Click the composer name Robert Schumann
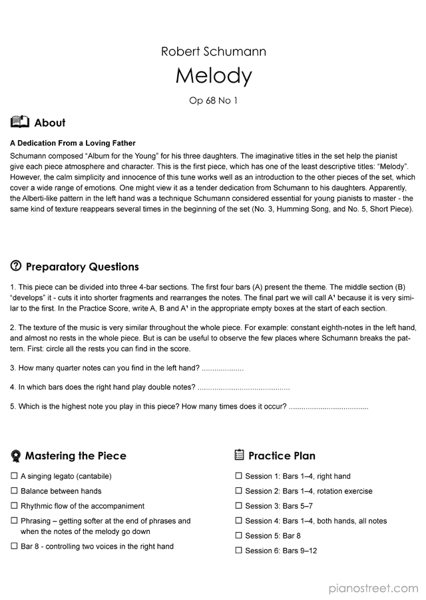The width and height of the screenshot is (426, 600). (x=213, y=51)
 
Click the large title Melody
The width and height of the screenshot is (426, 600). (x=213, y=76)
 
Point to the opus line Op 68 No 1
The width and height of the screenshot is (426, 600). (x=213, y=101)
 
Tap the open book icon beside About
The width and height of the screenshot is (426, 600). (x=20, y=122)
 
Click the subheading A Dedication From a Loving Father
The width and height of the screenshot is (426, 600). (x=73, y=143)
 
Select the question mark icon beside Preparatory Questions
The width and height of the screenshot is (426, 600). (x=16, y=266)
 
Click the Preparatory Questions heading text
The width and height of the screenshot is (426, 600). (x=82, y=267)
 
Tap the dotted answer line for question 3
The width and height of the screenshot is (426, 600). (x=222, y=369)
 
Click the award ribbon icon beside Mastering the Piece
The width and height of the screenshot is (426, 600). (x=16, y=456)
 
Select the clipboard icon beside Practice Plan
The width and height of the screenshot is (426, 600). (x=240, y=455)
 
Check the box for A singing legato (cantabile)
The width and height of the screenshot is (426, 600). (x=14, y=476)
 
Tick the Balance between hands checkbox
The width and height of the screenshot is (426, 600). (x=14, y=491)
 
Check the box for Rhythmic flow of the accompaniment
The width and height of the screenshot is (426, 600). (x=14, y=506)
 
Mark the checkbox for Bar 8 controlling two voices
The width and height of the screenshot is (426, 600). (x=14, y=546)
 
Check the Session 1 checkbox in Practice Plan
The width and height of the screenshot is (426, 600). (x=238, y=476)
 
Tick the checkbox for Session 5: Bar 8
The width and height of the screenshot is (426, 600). (x=238, y=535)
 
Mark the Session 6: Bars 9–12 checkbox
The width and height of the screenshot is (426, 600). (x=238, y=551)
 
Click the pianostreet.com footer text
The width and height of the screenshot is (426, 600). (x=373, y=588)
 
